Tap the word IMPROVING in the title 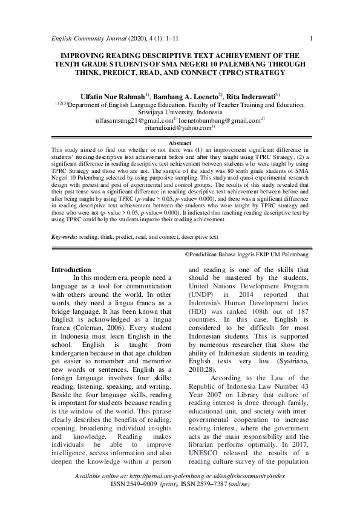[75, 54]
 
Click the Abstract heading [179, 143]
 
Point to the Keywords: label [64, 221]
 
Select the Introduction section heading [71, 269]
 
